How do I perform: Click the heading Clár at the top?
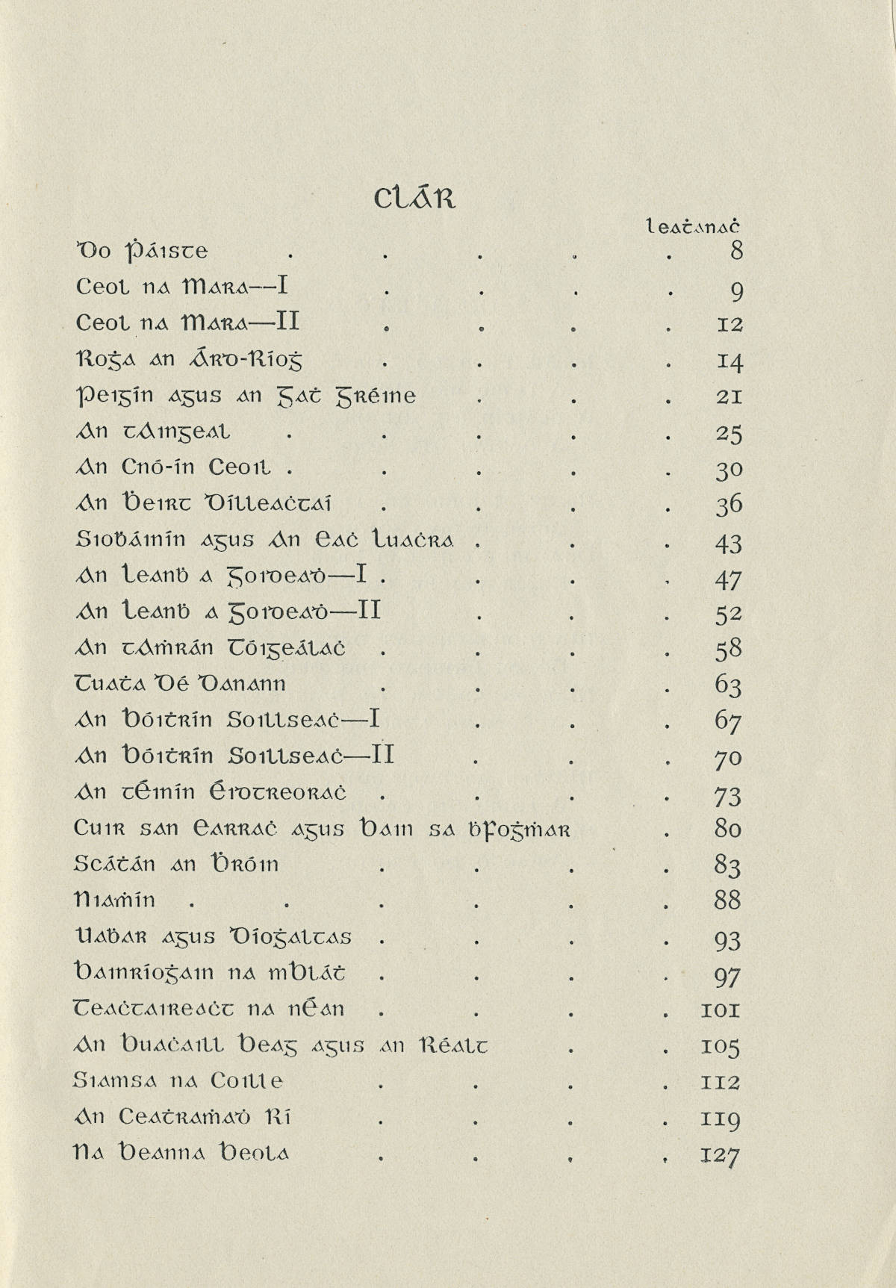tap(413, 199)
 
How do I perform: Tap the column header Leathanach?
tap(692, 225)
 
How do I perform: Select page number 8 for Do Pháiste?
tap(736, 251)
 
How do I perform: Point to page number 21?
tap(728, 396)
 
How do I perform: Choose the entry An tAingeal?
tap(154, 432)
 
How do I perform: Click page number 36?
tap(728, 505)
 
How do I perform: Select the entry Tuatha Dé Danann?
tap(181, 684)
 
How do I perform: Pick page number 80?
tap(728, 829)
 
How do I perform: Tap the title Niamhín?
tap(115, 900)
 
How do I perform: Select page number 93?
tap(728, 939)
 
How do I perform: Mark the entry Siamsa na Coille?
tap(179, 1081)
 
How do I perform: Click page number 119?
tap(721, 1119)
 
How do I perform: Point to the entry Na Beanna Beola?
tap(182, 1154)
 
